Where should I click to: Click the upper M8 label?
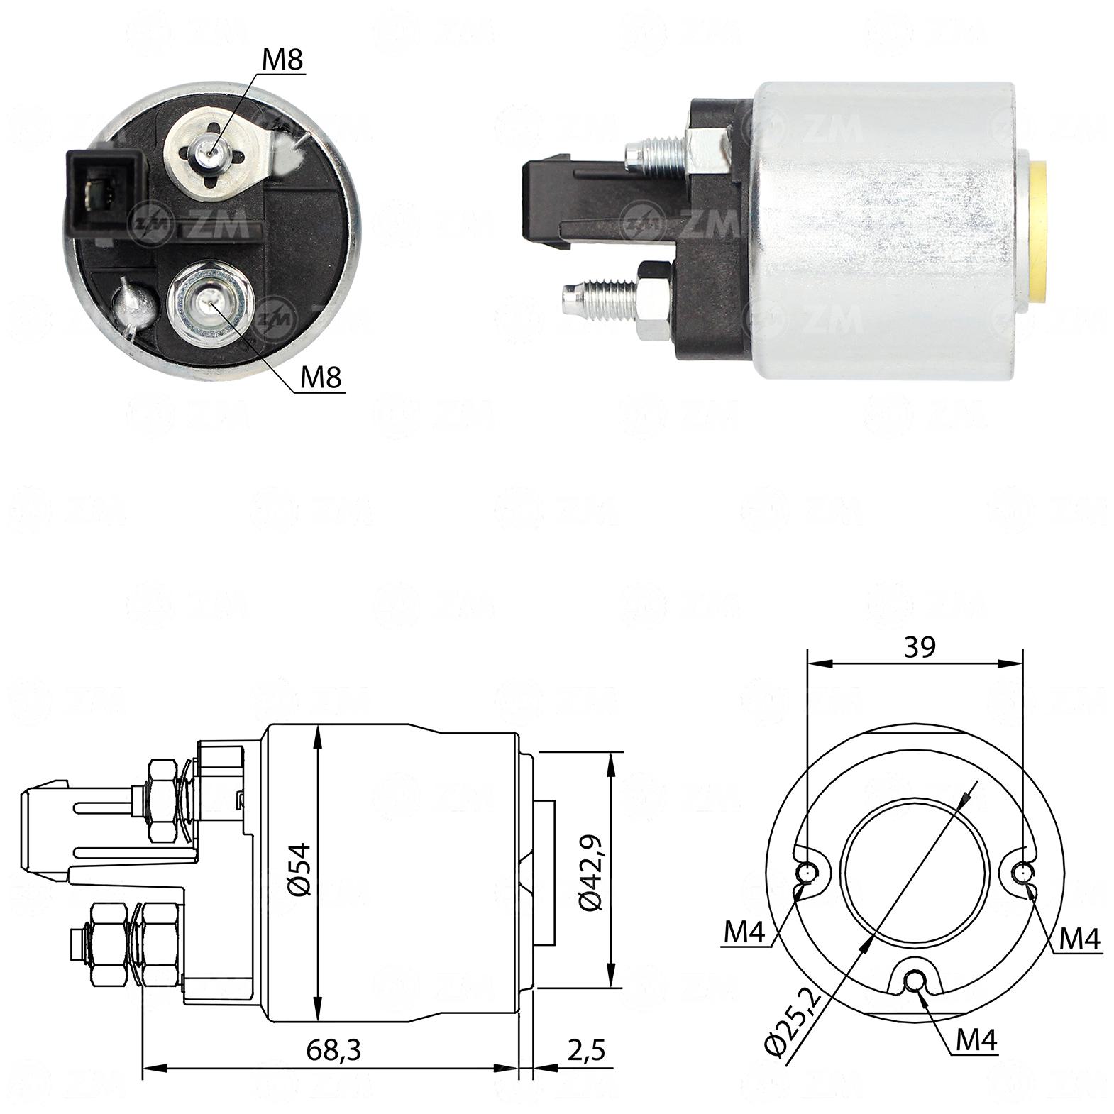click(282, 60)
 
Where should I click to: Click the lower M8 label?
click(321, 377)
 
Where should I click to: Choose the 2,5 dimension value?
click(586, 1050)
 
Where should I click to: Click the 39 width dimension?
click(919, 646)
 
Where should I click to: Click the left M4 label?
click(744, 934)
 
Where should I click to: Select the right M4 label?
click(1079, 939)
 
